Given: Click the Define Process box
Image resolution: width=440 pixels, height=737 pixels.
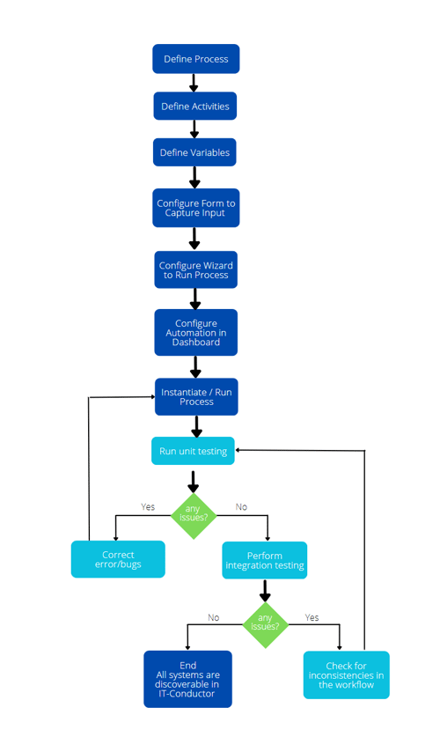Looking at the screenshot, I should click(x=195, y=59).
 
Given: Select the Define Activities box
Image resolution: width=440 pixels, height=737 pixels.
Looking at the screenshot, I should click(x=195, y=107).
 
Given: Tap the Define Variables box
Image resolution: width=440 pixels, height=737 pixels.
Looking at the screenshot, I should click(x=195, y=152).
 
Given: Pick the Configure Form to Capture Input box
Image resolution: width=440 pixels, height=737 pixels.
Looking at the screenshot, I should click(x=195, y=208).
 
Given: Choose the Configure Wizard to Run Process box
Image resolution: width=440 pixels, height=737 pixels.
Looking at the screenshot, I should click(x=195, y=269).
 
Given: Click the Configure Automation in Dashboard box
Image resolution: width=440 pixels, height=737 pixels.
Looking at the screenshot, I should click(x=195, y=333).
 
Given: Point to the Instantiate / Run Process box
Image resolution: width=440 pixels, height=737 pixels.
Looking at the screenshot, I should click(x=196, y=396).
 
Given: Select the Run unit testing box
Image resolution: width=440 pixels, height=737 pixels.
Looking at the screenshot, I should click(x=193, y=451).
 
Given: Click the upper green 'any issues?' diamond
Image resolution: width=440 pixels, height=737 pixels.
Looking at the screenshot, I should click(x=193, y=513).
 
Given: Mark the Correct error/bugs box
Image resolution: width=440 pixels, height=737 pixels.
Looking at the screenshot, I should click(x=118, y=559).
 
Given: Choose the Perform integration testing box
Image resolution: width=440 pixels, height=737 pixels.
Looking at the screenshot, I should click(x=264, y=560).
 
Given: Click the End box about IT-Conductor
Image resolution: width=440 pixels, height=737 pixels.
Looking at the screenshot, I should click(x=187, y=679).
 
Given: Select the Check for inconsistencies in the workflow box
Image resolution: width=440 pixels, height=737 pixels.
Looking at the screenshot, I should click(x=346, y=675).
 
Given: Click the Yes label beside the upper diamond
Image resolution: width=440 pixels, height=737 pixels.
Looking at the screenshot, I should click(x=148, y=507).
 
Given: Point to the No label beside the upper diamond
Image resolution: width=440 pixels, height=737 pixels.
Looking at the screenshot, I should click(x=241, y=507).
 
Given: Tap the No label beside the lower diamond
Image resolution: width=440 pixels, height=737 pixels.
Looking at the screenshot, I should click(x=213, y=617).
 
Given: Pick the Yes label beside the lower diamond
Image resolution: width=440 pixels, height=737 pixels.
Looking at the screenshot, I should click(x=312, y=617).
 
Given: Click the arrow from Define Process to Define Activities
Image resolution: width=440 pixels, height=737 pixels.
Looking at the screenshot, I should click(x=194, y=83).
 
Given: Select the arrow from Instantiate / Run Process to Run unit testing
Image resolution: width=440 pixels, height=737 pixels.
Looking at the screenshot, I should click(x=196, y=426).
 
